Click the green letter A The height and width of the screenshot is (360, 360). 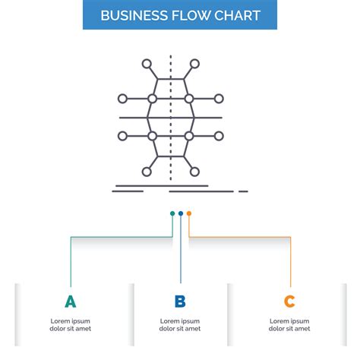70,302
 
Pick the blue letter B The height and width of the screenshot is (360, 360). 180,302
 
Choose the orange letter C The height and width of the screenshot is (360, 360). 289,302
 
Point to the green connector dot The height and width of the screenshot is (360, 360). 172,213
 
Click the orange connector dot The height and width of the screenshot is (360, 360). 189,213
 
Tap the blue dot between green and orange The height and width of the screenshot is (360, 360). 181,213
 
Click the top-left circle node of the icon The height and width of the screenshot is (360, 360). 147,64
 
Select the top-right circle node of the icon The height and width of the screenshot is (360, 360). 195,64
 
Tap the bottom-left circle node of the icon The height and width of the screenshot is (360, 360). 147,171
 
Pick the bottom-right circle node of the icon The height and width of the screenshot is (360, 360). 195,171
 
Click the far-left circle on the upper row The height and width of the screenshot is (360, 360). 123,99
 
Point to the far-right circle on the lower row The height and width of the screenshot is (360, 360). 219,136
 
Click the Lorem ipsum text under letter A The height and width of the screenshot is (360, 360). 70,325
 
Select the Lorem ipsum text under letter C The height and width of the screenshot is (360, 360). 289,325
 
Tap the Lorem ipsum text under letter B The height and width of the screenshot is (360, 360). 180,325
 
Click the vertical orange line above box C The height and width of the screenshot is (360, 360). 290,262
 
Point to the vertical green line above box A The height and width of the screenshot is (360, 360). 71,262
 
